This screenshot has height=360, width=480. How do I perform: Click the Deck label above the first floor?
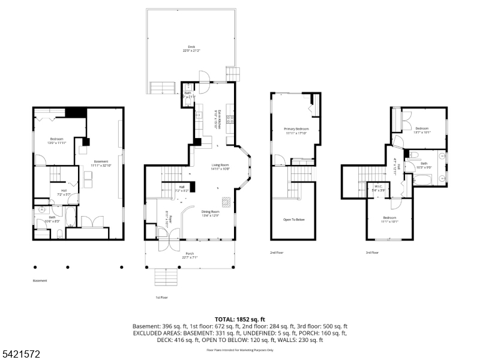(191, 48)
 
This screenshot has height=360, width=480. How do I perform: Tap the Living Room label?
(221, 167)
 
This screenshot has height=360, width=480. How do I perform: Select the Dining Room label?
(210, 213)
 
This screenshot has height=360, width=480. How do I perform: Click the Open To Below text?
(294, 220)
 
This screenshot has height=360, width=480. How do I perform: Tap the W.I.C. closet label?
(379, 188)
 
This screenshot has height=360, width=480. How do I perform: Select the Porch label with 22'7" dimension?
(190, 255)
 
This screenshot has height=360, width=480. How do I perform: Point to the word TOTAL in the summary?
(227, 319)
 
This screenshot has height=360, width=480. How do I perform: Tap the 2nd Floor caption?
(277, 253)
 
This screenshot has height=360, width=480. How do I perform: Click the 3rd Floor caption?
(372, 253)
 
